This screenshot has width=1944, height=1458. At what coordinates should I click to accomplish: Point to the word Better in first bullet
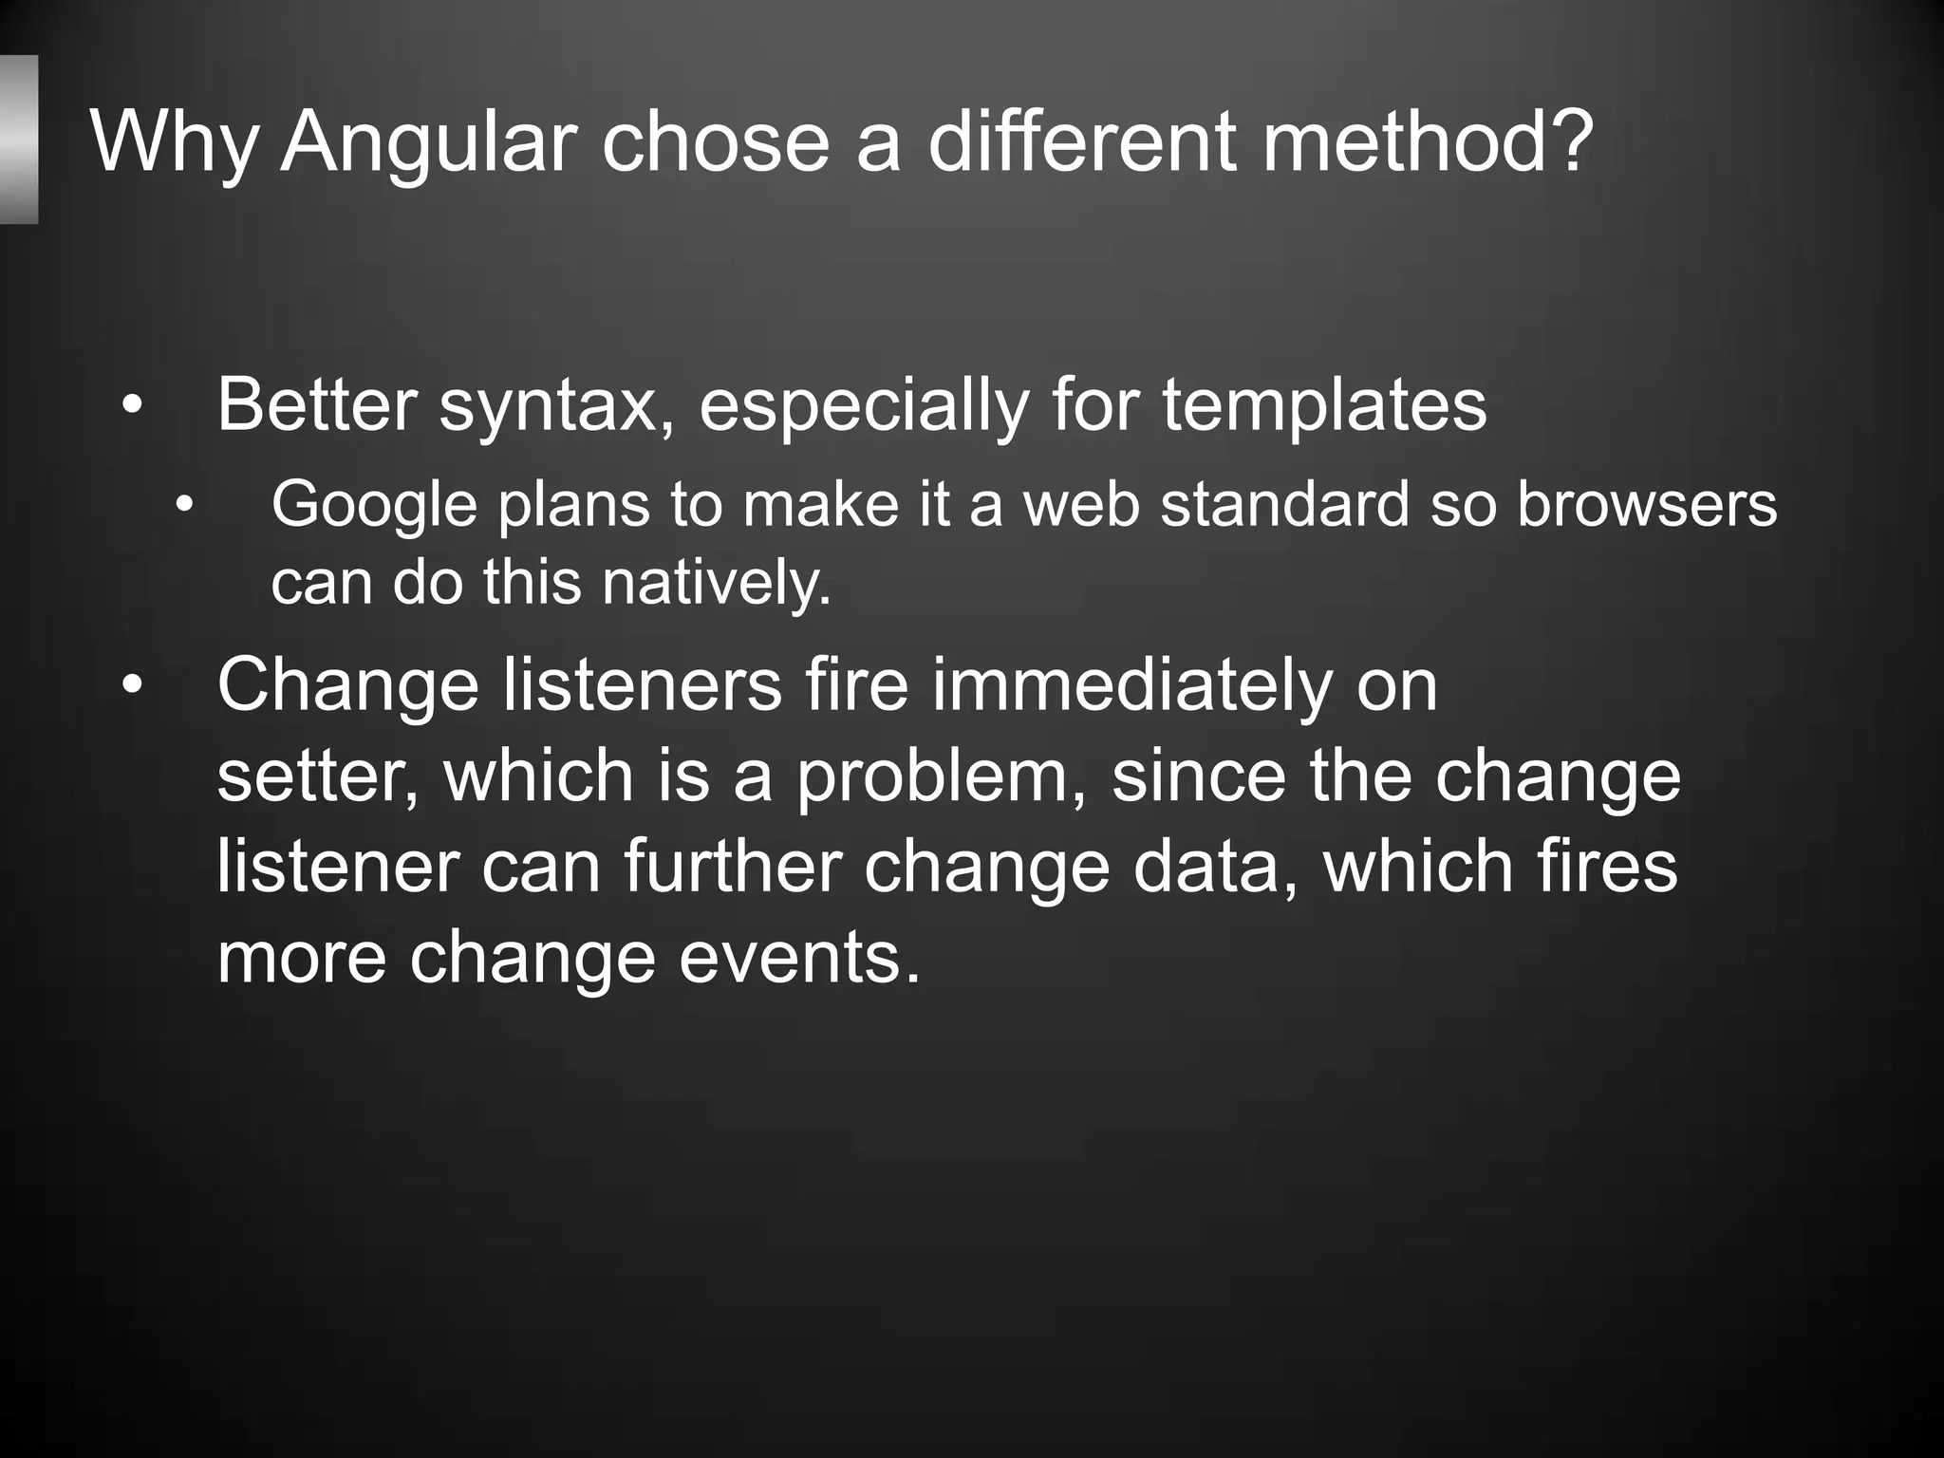(316, 405)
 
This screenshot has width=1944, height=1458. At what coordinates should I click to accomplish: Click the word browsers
(1646, 504)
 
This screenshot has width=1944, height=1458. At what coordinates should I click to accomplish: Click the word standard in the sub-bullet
(1284, 504)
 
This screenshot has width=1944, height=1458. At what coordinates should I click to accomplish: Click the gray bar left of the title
(18, 140)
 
